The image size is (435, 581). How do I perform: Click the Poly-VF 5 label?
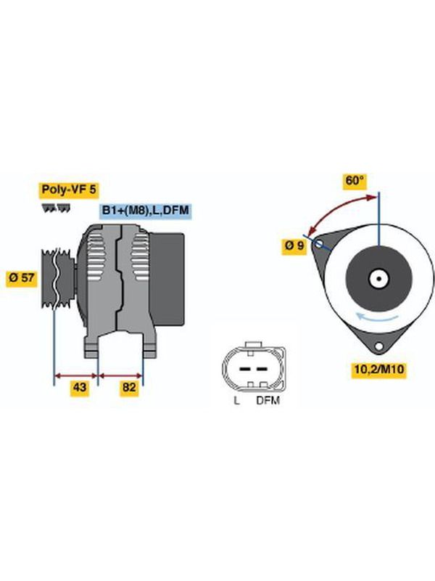pyautogui.click(x=69, y=190)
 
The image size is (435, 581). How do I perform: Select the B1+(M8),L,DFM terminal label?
pyautogui.click(x=146, y=211)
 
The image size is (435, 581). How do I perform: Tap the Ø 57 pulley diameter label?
pyautogui.click(x=22, y=277)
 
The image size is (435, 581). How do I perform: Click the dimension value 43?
pyautogui.click(x=80, y=387)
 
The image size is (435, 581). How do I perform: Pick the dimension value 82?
pyautogui.click(x=130, y=387)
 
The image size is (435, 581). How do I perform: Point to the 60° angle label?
pyautogui.click(x=355, y=180)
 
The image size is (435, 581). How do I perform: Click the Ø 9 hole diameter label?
pyautogui.click(x=294, y=245)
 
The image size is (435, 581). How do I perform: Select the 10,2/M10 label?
pyautogui.click(x=379, y=369)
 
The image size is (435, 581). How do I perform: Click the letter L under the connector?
pyautogui.click(x=236, y=400)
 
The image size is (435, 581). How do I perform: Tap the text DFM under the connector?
pyautogui.click(x=268, y=400)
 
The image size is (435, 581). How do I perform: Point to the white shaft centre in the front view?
pyautogui.click(x=378, y=279)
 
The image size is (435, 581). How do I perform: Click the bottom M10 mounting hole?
pyautogui.click(x=378, y=346)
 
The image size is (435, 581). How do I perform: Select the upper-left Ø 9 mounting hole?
pyautogui.click(x=318, y=243)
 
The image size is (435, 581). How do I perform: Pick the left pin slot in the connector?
pyautogui.click(x=244, y=369)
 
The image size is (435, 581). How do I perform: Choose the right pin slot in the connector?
pyautogui.click(x=262, y=369)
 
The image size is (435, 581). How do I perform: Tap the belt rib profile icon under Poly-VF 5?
pyautogui.click(x=56, y=208)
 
